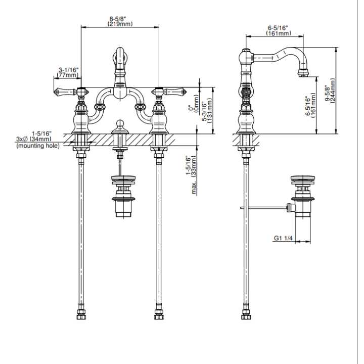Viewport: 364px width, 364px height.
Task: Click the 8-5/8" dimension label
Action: [119, 19]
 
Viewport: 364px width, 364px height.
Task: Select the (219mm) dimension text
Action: [120, 24]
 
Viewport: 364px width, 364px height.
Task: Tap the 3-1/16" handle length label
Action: [68, 70]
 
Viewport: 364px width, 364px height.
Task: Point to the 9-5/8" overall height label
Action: [327, 93]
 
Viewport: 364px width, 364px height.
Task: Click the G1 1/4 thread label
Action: [283, 238]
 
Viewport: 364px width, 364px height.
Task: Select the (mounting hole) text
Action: [38, 146]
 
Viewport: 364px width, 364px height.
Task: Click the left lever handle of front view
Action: [65, 92]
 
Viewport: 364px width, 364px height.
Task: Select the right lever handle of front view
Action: [175, 92]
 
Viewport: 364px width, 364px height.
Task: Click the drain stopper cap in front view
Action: [123, 178]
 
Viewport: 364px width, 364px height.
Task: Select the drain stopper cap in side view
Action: [303, 178]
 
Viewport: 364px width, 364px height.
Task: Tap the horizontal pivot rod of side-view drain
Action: [264, 207]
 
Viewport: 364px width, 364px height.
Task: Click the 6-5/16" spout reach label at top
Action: [278, 28]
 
